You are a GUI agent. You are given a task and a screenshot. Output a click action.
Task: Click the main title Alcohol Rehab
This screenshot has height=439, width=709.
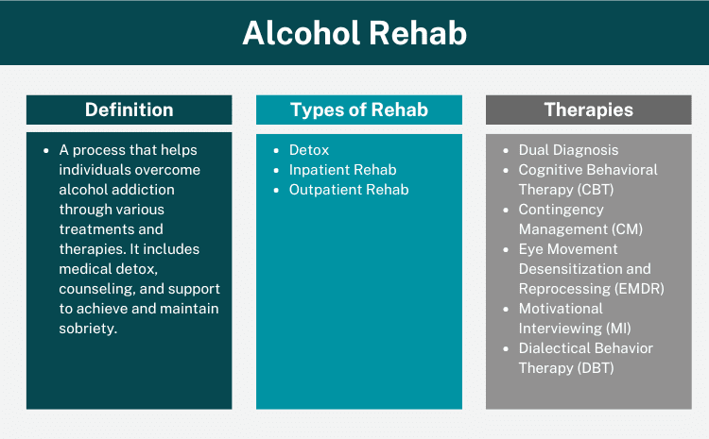[354, 33]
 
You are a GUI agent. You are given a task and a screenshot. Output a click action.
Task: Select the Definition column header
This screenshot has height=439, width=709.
[129, 110]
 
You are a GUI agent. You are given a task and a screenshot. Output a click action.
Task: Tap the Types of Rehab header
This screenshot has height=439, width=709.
[358, 110]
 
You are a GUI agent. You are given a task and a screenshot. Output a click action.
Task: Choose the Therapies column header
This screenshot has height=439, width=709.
[588, 110]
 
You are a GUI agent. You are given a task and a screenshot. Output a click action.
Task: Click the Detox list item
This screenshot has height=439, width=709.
[309, 150]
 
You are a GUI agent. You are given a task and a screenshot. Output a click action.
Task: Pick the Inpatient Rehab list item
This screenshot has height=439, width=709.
[342, 170]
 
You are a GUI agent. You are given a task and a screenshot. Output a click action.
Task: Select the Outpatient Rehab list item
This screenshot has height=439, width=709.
[348, 190]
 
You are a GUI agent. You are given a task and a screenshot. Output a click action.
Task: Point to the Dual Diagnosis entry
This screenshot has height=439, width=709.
[568, 150]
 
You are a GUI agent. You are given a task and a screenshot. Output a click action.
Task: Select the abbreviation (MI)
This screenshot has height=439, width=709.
[616, 329]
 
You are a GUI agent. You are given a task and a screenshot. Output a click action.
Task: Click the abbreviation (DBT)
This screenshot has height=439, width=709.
[597, 368]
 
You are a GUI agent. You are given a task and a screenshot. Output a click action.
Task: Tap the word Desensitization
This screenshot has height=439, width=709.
[569, 269]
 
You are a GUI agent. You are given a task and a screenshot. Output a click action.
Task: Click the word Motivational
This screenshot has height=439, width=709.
[561, 309]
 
